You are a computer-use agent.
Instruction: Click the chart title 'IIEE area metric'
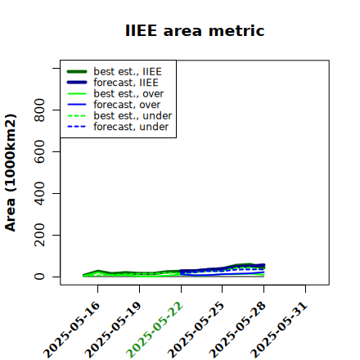click(x=195, y=30)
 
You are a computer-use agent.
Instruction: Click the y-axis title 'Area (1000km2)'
click(x=11, y=173)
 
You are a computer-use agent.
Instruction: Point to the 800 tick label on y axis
click(x=39, y=110)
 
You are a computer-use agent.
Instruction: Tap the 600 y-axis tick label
click(x=39, y=151)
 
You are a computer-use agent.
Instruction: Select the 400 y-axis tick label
click(x=39, y=193)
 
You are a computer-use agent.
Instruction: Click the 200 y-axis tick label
click(x=39, y=235)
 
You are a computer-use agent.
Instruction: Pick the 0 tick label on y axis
click(x=39, y=277)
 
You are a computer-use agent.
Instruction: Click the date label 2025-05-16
click(x=72, y=330)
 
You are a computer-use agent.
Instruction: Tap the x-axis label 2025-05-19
click(x=113, y=330)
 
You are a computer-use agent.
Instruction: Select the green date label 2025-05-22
click(x=155, y=330)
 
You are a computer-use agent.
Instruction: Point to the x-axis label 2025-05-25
click(x=196, y=330)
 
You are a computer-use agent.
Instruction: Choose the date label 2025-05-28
click(x=237, y=330)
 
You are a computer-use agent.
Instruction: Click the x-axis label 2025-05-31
click(x=279, y=330)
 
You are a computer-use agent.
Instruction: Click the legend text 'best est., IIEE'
click(x=128, y=71)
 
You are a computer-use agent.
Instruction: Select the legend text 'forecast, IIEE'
click(x=126, y=83)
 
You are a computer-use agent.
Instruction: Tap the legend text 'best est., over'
click(x=128, y=93)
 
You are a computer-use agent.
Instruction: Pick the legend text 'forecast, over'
click(x=127, y=105)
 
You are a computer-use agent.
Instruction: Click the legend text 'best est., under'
click(x=133, y=115)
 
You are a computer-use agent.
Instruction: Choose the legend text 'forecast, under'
click(x=131, y=127)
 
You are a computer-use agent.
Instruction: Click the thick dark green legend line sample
click(x=77, y=71)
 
